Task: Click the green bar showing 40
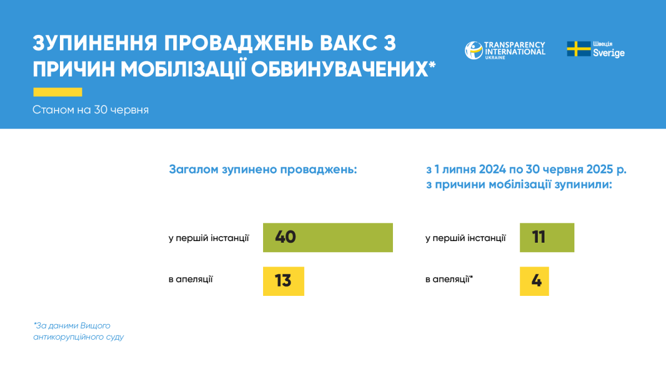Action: tap(327, 238)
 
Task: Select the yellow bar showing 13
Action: tap(284, 281)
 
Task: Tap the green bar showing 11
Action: tap(547, 238)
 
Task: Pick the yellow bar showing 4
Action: tap(534, 281)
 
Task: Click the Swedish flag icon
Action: tap(578, 49)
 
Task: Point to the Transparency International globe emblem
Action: tap(473, 50)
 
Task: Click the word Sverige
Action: tap(609, 53)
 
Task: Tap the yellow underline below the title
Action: tap(58, 92)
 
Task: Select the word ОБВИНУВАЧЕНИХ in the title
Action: tap(340, 69)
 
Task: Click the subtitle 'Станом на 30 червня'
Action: tap(90, 110)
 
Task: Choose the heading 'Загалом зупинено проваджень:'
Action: tap(263, 170)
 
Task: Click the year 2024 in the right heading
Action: tap(492, 169)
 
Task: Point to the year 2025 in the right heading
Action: tap(600, 169)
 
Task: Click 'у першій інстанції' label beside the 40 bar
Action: tap(209, 238)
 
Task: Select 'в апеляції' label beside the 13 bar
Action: tap(190, 279)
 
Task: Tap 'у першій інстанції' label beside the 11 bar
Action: tap(466, 238)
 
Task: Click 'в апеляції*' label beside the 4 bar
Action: tap(449, 279)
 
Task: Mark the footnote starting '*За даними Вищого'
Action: tap(78, 331)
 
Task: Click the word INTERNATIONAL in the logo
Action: tap(515, 52)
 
